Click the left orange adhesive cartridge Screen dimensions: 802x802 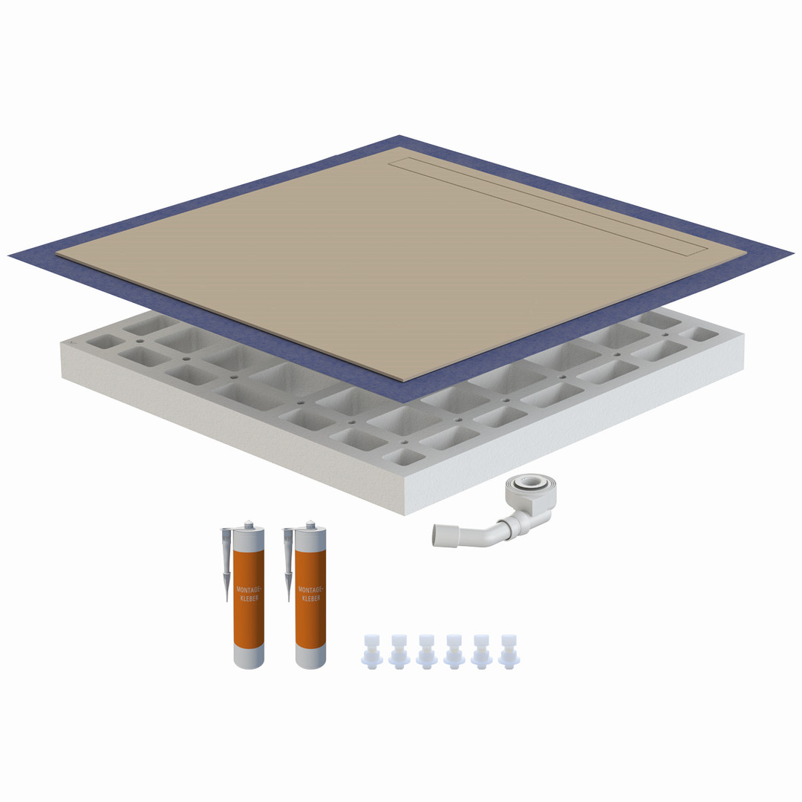(x=249, y=596)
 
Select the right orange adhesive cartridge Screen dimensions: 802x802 (x=310, y=596)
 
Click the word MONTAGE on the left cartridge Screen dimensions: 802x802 (x=249, y=590)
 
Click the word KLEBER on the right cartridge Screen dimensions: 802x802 (x=311, y=598)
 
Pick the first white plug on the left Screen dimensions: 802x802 (x=372, y=652)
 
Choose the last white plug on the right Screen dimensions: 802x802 (x=509, y=652)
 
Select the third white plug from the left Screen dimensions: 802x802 (x=426, y=652)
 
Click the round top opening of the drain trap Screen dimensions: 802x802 (x=530, y=482)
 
